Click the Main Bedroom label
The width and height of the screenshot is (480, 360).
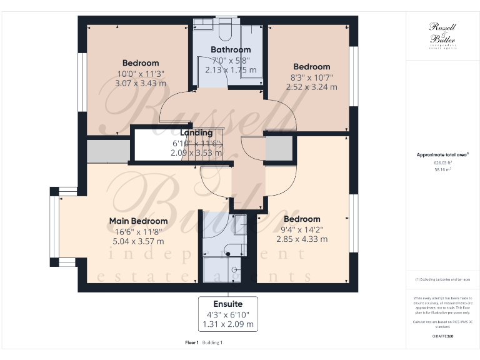coord(138,221)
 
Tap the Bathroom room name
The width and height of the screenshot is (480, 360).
coord(231,49)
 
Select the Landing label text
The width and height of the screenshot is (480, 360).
coord(196,132)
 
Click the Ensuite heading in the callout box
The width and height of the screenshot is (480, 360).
coord(228,304)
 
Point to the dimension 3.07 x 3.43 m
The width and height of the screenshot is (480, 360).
coord(141,83)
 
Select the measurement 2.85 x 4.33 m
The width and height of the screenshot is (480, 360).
coord(302,239)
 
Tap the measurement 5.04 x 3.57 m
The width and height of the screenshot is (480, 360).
coord(138,241)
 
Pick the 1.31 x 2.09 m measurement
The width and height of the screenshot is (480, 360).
coord(228,324)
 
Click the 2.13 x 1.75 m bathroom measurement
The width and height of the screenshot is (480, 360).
coord(231,70)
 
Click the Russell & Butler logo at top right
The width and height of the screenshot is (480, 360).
coord(443,35)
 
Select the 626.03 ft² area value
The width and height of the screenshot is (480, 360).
coord(443,162)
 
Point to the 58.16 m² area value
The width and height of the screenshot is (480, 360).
coord(443,169)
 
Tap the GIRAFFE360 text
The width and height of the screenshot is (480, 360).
coord(443,336)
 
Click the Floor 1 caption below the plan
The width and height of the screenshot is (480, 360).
coord(192,342)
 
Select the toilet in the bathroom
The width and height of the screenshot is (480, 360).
coord(226,30)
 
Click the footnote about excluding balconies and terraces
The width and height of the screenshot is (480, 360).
coord(443,279)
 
